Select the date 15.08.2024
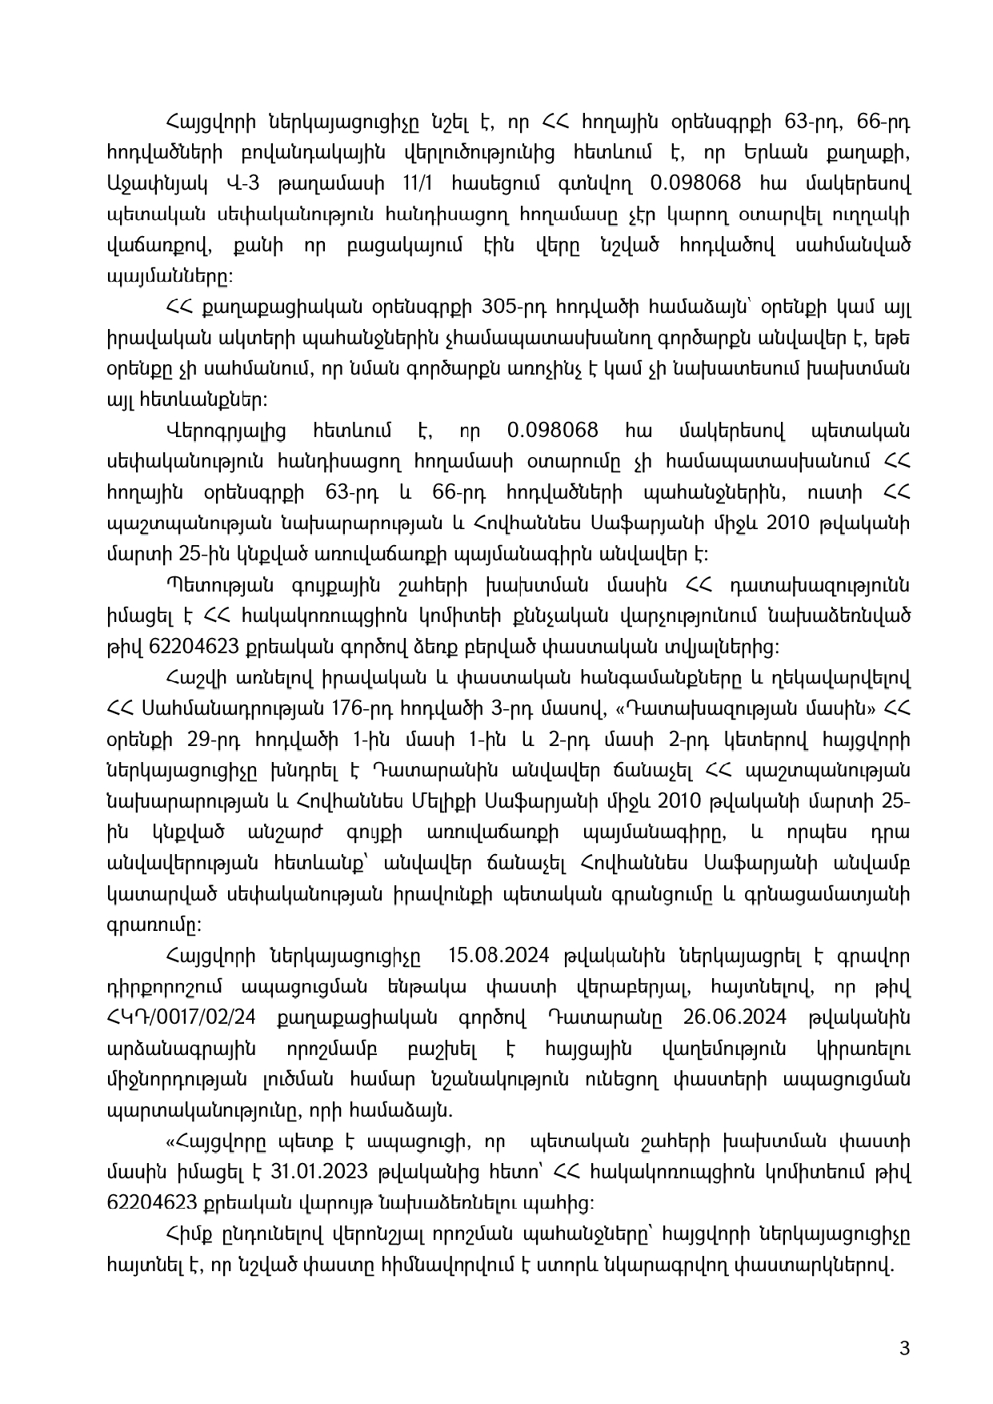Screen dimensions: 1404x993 point(486,956)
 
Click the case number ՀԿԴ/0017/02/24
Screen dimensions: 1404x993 point(185,1017)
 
